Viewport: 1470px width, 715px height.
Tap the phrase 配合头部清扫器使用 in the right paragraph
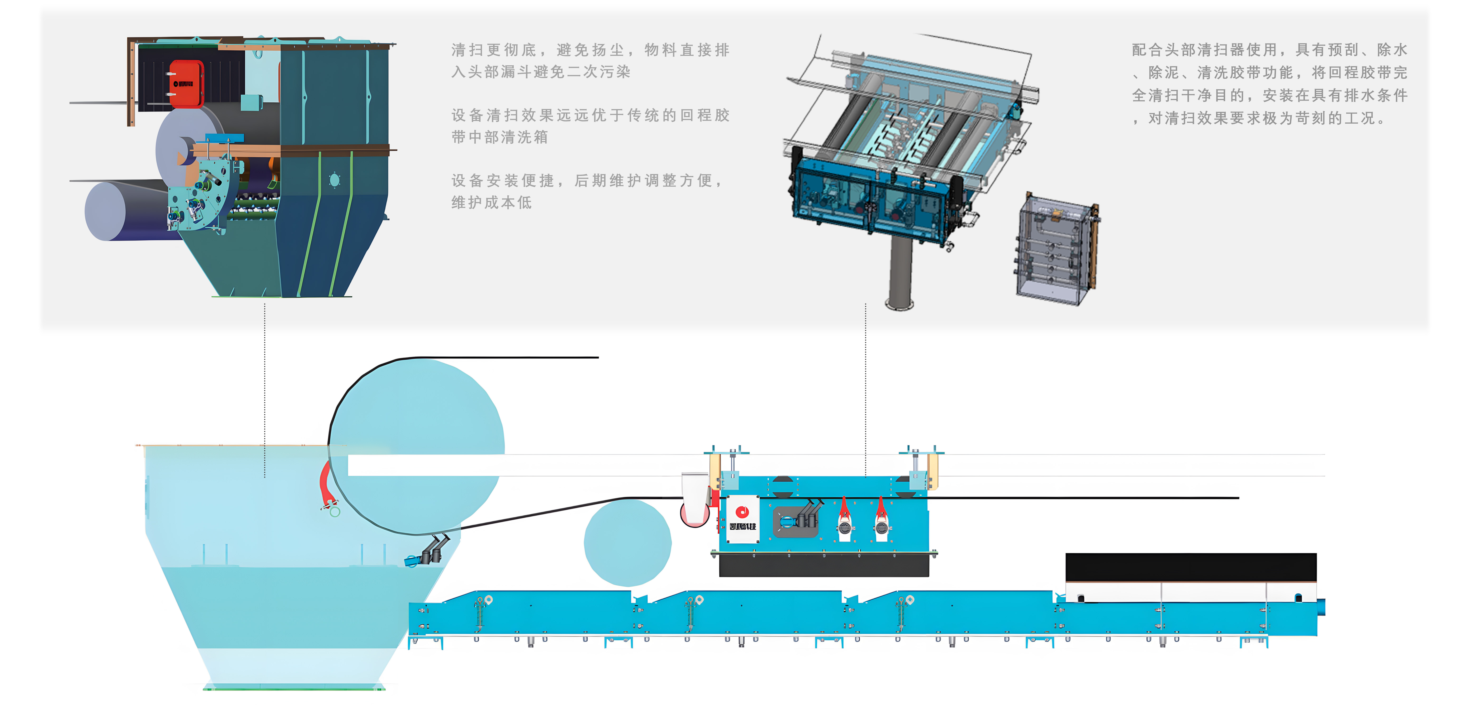click(1204, 50)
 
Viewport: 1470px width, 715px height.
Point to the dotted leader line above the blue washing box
click(866, 388)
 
